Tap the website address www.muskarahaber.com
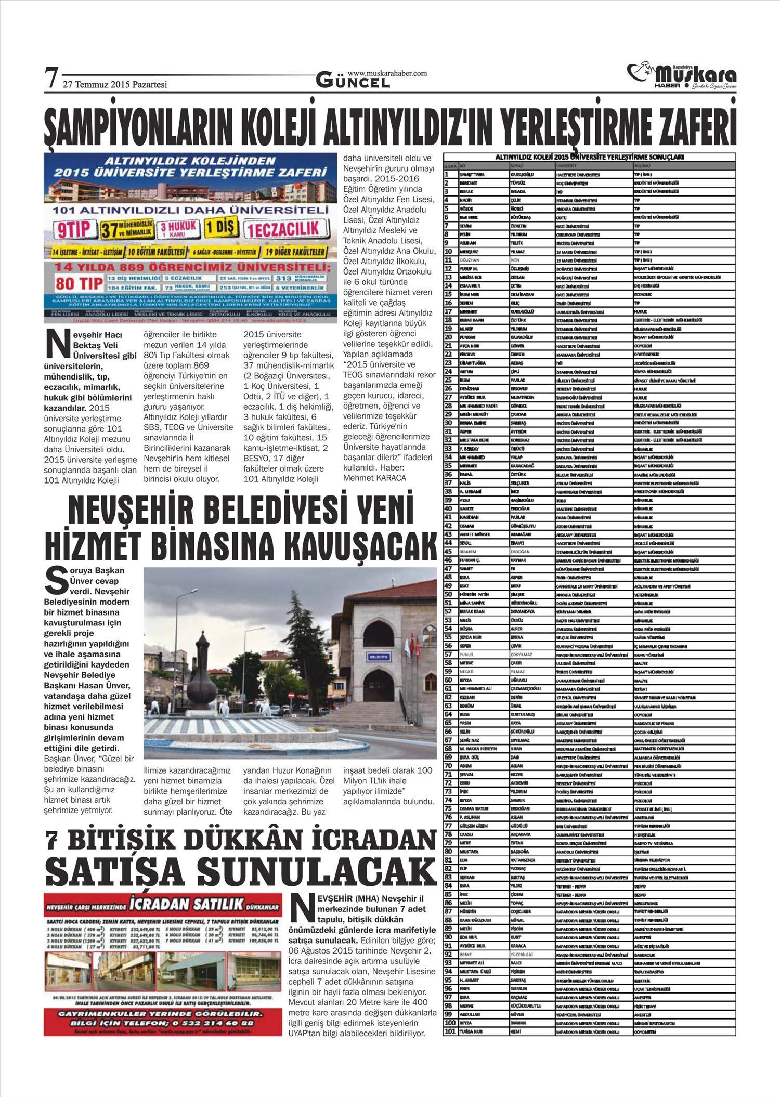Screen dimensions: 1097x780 coord(387,73)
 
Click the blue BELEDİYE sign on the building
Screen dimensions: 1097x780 coord(379,657)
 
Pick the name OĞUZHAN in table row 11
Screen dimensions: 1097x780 coord(470,259)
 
